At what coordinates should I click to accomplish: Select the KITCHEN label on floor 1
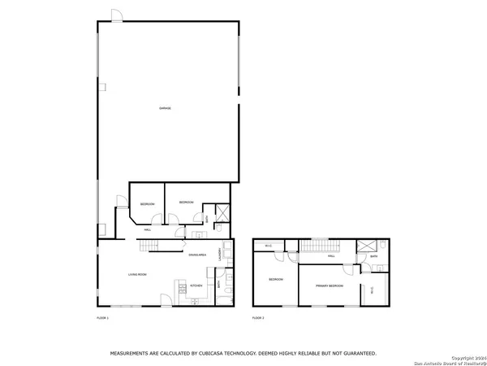pyautogui.click(x=196, y=285)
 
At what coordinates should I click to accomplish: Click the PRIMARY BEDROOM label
pyautogui.click(x=330, y=286)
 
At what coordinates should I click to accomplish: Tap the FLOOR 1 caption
pyautogui.click(x=103, y=317)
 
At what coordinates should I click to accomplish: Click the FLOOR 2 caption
pyautogui.click(x=258, y=317)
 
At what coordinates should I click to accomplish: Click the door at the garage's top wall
pyautogui.click(x=117, y=16)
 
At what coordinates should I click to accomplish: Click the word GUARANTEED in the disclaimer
pyautogui.click(x=357, y=354)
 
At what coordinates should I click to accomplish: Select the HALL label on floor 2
pyautogui.click(x=331, y=256)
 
